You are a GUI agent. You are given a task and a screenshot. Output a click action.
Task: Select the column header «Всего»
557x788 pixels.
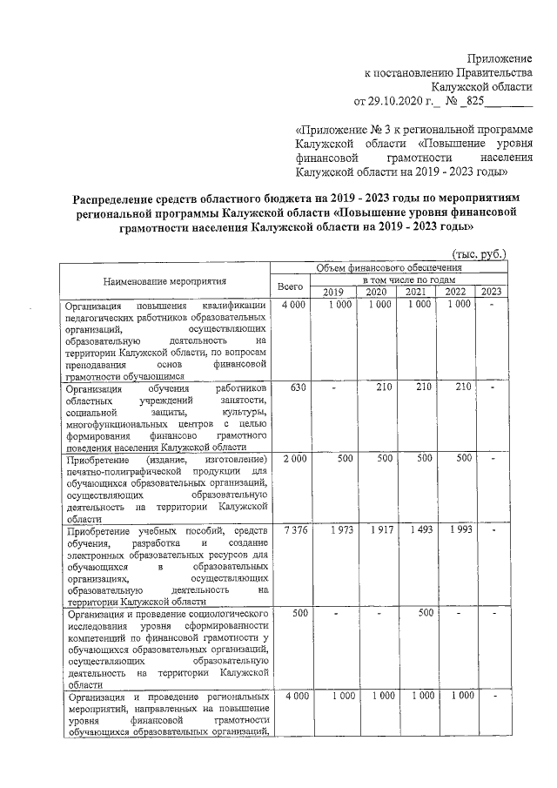(x=290, y=286)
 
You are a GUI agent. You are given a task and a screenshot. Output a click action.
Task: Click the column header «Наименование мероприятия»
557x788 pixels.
(x=164, y=281)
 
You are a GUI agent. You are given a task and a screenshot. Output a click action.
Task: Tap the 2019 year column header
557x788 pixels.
(x=334, y=292)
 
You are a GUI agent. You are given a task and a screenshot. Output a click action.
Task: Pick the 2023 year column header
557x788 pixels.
(x=491, y=292)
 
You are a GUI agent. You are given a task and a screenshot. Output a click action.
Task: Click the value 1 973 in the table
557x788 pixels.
(x=339, y=531)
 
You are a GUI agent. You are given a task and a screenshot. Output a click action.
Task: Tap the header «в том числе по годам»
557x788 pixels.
(x=407, y=280)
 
